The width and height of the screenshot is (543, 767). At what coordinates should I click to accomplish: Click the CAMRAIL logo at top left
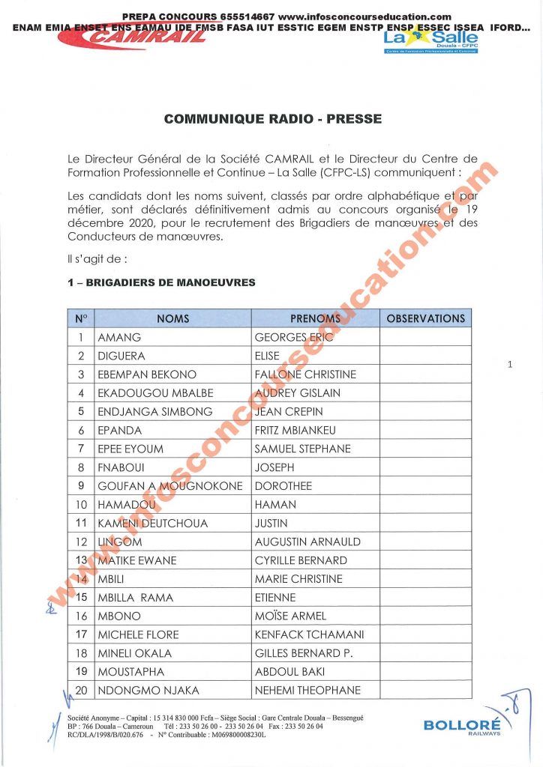(142, 37)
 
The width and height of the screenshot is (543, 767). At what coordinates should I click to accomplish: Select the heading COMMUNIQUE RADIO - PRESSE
(273, 118)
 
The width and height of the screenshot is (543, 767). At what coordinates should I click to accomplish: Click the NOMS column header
(172, 318)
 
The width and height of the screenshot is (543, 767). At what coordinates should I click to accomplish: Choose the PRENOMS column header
(315, 318)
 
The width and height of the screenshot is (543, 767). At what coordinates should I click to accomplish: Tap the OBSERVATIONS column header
(425, 318)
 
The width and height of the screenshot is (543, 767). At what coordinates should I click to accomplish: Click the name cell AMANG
(119, 338)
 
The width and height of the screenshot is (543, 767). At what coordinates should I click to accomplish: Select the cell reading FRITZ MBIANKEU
(295, 430)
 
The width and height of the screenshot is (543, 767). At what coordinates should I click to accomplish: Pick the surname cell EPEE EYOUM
(130, 449)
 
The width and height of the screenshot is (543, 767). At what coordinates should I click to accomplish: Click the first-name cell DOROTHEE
(283, 486)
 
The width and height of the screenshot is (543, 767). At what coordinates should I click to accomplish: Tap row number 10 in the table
(82, 505)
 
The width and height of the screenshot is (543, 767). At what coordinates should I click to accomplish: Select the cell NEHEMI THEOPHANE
(307, 690)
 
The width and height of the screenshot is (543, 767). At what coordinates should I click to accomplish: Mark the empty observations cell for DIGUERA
(425, 356)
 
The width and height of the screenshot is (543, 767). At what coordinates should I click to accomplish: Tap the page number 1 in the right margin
(509, 365)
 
